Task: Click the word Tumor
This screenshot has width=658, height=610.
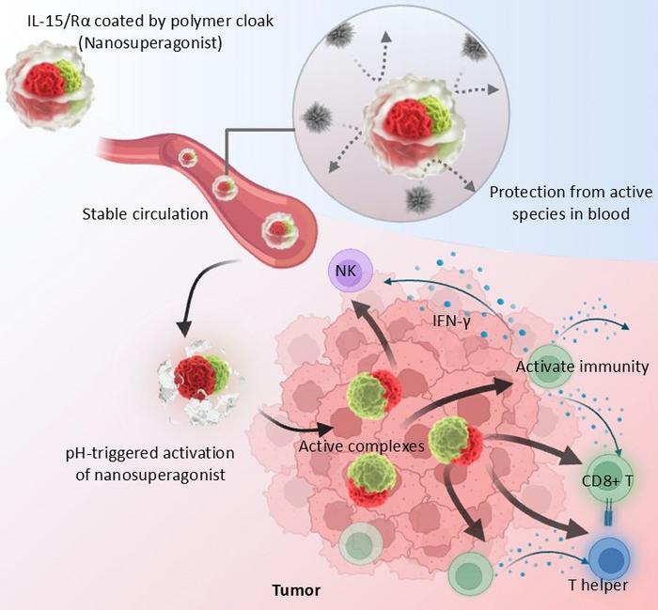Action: point(296,591)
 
